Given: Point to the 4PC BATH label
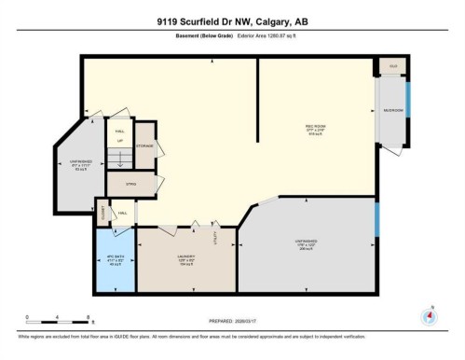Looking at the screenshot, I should click(x=116, y=256).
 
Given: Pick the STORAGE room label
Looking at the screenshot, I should click(x=144, y=146).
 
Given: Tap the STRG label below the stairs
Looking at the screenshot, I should click(x=130, y=186).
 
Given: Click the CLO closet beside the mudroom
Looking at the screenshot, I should click(x=392, y=66).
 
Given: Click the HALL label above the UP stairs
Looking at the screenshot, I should click(x=119, y=132).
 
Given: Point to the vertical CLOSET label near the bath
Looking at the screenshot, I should click(x=103, y=214).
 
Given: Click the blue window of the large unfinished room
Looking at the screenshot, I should click(x=376, y=220).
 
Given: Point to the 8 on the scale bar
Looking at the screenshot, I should click(x=89, y=318).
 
